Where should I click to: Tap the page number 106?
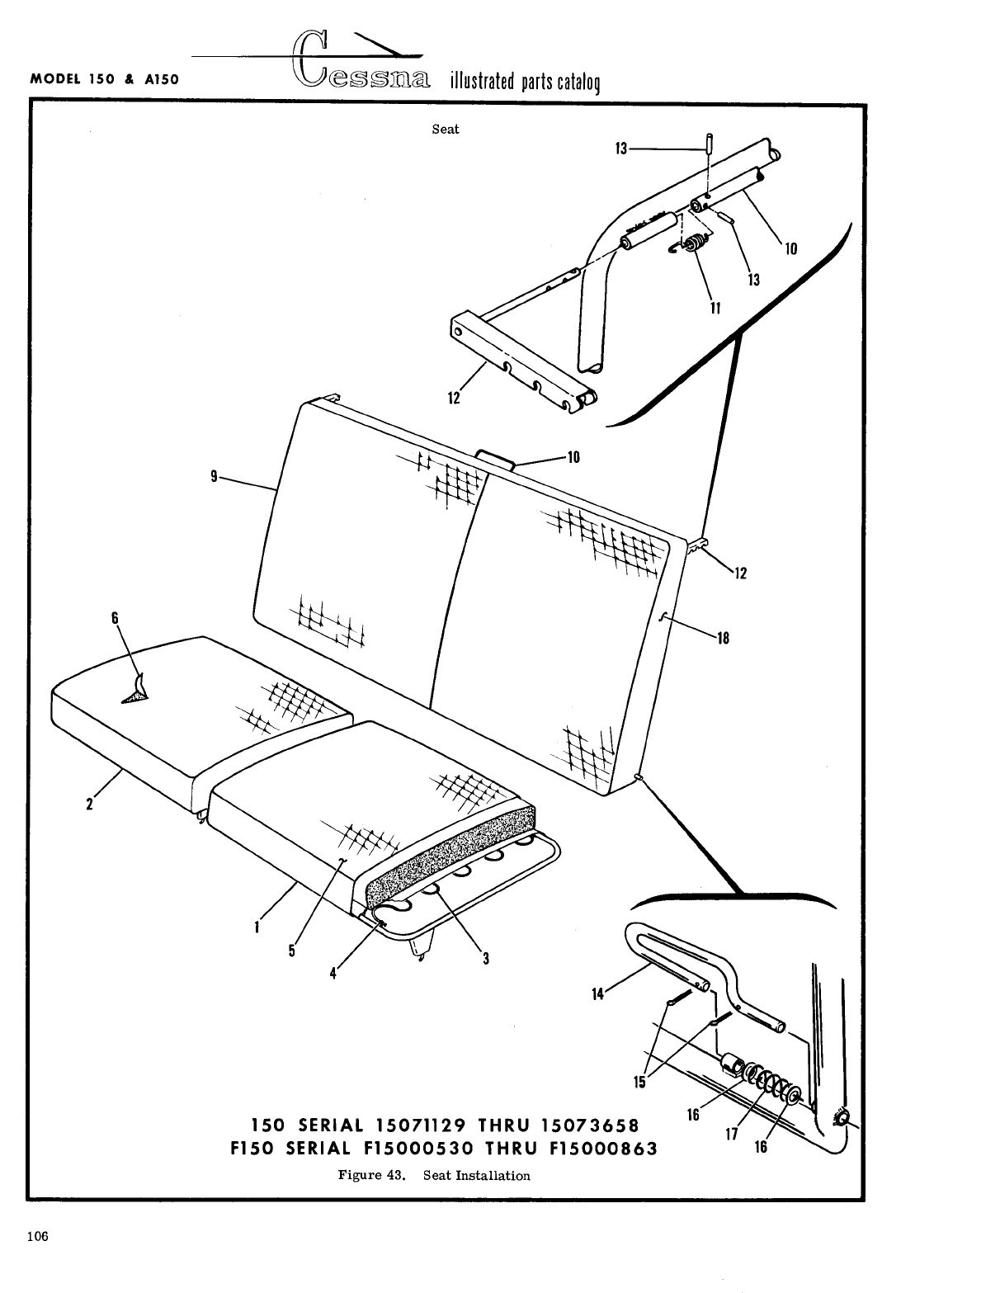click(36, 1236)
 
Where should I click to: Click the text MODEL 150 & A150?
click(105, 80)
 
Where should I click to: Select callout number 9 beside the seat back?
click(214, 476)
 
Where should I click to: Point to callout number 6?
click(115, 617)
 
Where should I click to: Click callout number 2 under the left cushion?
click(88, 805)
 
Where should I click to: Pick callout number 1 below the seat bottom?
click(258, 926)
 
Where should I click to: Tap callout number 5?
click(291, 950)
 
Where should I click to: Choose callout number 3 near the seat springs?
click(487, 958)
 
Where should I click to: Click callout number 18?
click(723, 637)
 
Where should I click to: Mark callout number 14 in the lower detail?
click(597, 994)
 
